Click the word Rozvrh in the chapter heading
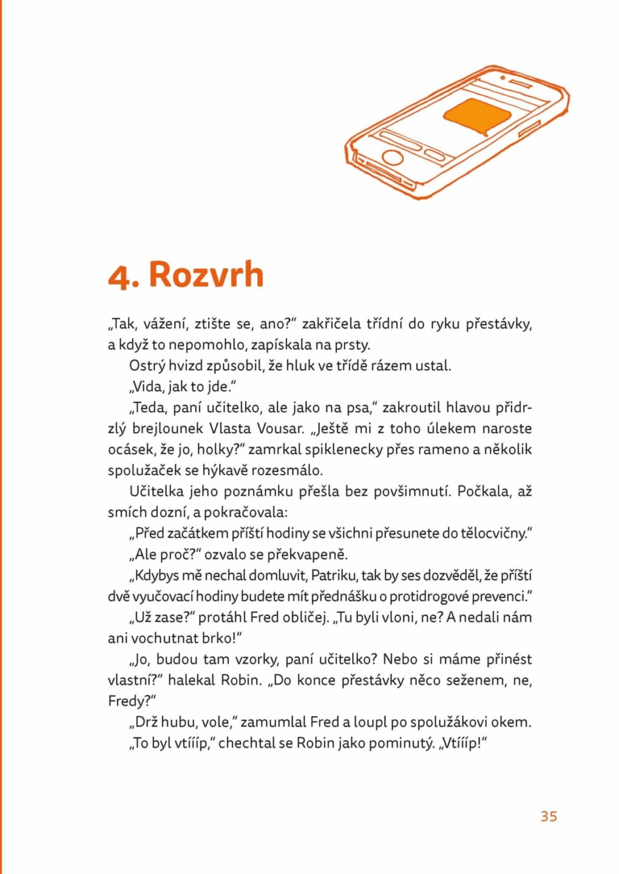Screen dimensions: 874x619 click(x=206, y=274)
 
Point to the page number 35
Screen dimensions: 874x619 click(x=549, y=816)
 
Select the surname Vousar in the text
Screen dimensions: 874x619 click(x=280, y=429)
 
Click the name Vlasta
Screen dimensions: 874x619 click(x=230, y=429)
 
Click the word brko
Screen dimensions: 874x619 click(x=222, y=639)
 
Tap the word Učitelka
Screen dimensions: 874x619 click(x=157, y=492)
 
